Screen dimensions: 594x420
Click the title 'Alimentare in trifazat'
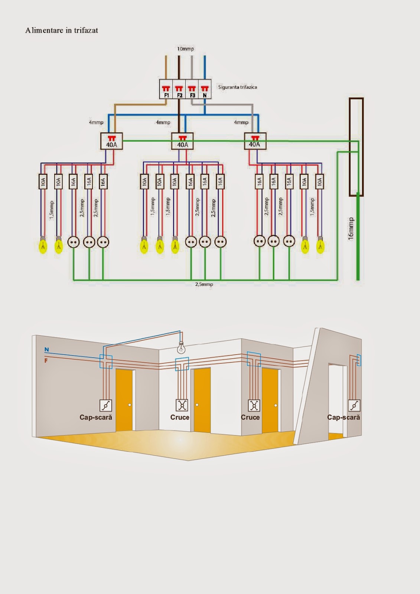pyautogui.click(x=62, y=30)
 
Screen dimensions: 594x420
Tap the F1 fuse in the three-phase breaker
pyautogui.click(x=166, y=91)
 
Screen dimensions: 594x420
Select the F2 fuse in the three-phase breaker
pyautogui.click(x=179, y=91)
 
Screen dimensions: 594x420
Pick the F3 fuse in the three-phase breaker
pyautogui.click(x=192, y=91)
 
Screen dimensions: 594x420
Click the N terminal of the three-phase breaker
pyautogui.click(x=205, y=91)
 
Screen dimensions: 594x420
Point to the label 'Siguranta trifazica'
pyautogui.click(x=237, y=87)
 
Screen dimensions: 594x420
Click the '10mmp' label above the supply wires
pyautogui.click(x=185, y=49)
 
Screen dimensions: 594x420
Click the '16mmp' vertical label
pyautogui.click(x=351, y=229)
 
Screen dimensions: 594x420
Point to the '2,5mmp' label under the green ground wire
pyautogui.click(x=204, y=284)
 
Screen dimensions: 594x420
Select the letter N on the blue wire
pyautogui.click(x=46, y=350)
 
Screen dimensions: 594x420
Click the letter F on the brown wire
pyautogui.click(x=46, y=360)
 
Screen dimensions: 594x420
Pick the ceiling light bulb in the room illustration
pyautogui.click(x=181, y=348)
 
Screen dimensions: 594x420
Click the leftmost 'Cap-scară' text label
pyautogui.click(x=96, y=417)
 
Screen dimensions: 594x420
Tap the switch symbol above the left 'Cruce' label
pyautogui.click(x=182, y=405)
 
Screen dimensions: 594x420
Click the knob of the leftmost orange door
pyautogui.click(x=130, y=405)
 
